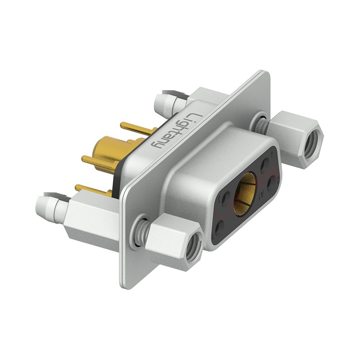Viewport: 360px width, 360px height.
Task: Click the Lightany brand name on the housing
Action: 173,130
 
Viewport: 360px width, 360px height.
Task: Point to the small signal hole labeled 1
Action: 219,226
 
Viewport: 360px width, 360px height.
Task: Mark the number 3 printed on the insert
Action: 219,198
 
